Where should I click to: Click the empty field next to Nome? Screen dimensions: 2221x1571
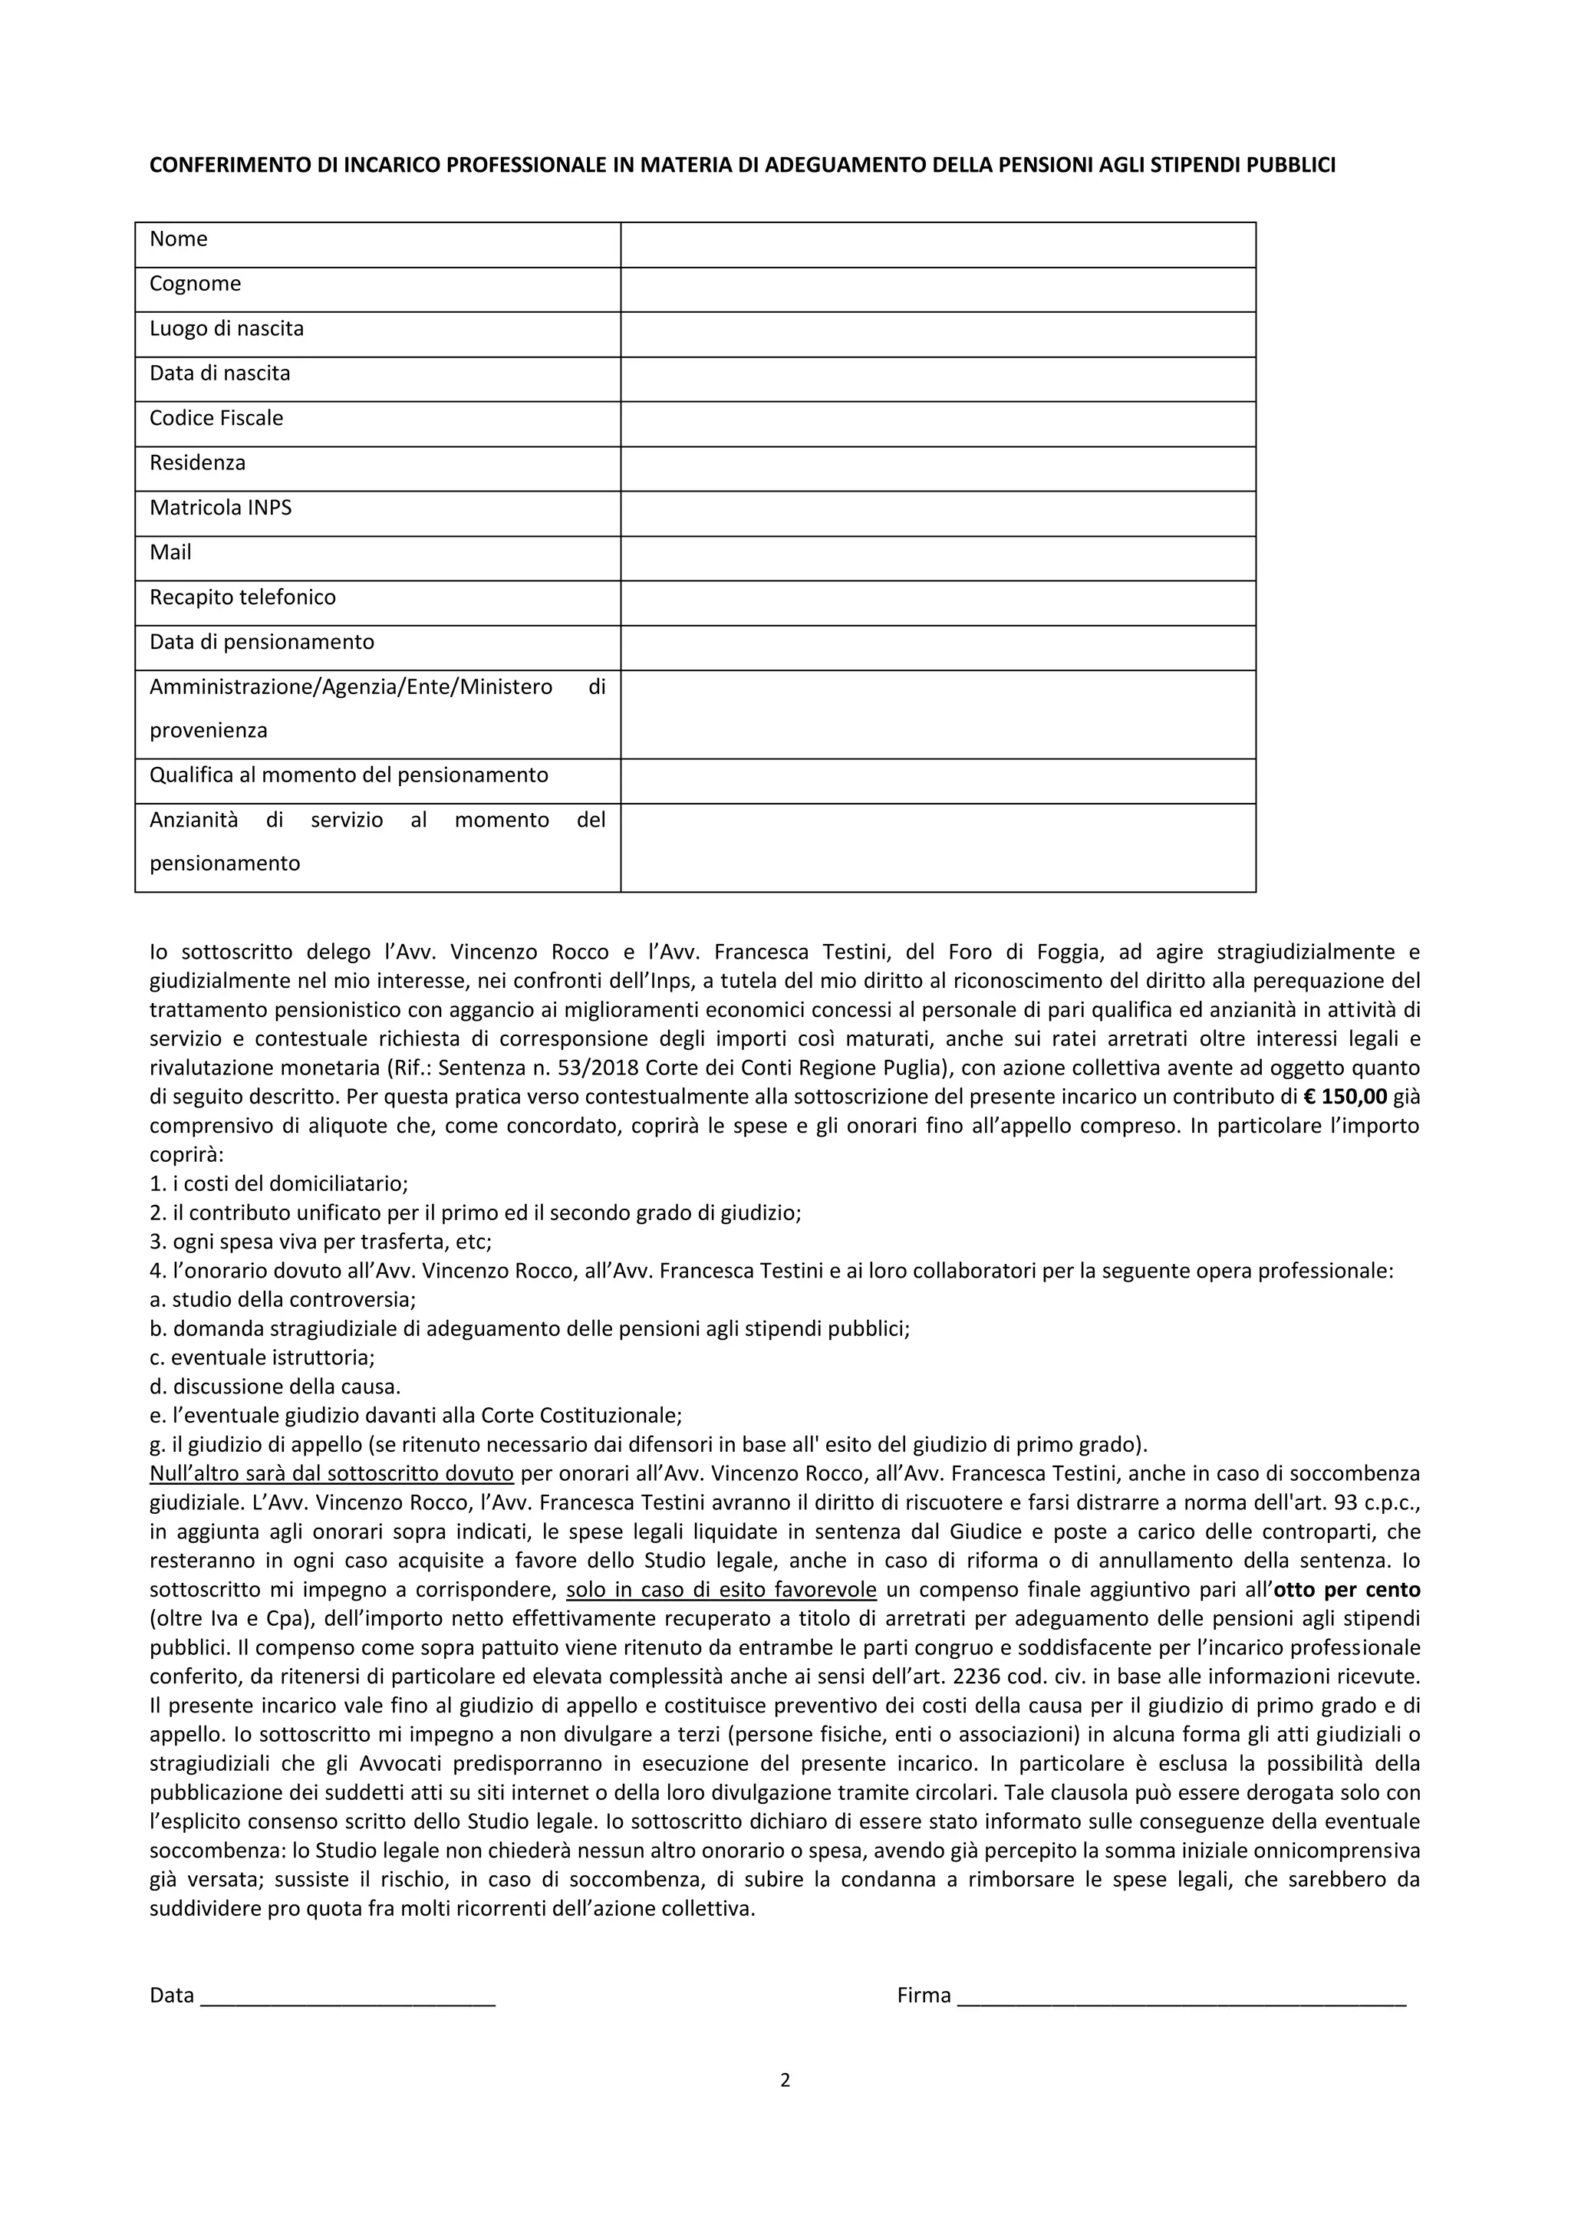tap(937, 245)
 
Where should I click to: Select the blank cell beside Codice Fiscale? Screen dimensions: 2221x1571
tap(937, 423)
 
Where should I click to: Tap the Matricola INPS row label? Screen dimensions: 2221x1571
tap(221, 508)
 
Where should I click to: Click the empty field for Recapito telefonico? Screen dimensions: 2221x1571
tap(937, 603)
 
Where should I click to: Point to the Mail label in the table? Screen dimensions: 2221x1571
tap(170, 552)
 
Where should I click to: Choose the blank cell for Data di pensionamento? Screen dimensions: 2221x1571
tap(937, 647)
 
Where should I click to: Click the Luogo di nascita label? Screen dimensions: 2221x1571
tap(226, 329)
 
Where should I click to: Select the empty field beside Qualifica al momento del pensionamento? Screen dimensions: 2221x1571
tap(937, 781)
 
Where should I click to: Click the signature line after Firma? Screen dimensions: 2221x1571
tap(1181, 1996)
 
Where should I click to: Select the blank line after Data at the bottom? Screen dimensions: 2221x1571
tap(347, 1996)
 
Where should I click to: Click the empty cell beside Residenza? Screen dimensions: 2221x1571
tap(937, 468)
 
